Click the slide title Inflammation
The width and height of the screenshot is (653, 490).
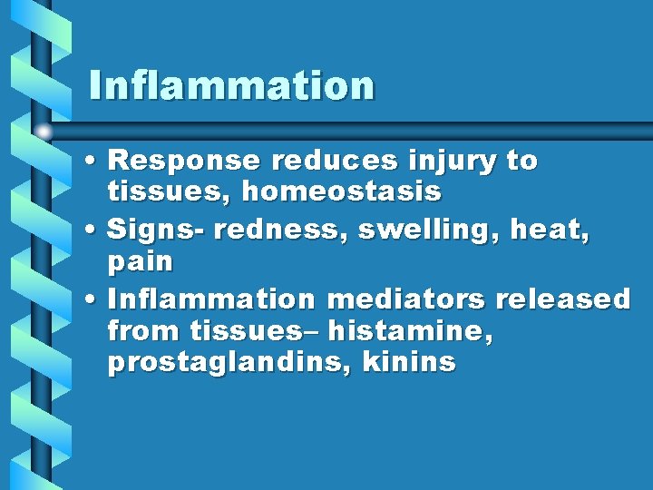click(231, 85)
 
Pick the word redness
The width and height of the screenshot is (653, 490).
click(281, 231)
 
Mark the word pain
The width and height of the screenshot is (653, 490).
click(140, 263)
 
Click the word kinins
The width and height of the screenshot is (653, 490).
click(409, 363)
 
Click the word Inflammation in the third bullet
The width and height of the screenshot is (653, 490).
click(210, 299)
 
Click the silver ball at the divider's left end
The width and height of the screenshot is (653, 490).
click(43, 131)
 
